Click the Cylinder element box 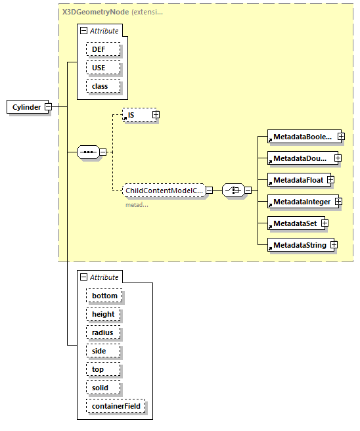(x=26, y=107)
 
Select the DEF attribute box (x=98, y=49)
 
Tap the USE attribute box (x=98, y=68)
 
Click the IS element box (x=137, y=115)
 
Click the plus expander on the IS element (x=156, y=115)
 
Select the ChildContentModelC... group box (x=164, y=190)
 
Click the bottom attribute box (x=104, y=296)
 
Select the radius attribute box (x=102, y=332)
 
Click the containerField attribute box (x=116, y=407)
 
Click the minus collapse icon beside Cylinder (x=49, y=107)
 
